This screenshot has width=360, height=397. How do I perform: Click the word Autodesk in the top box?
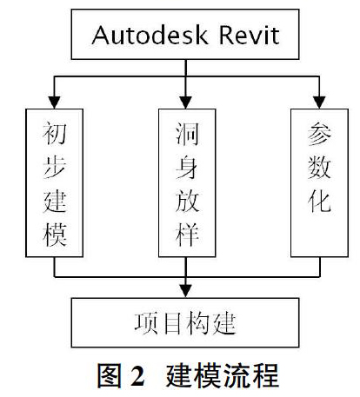(x=150, y=35)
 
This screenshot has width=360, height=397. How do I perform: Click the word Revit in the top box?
(x=249, y=35)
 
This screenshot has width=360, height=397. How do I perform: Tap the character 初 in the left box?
(x=55, y=134)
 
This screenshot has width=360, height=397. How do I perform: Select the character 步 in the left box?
(x=55, y=167)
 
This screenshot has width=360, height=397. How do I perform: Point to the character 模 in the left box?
(x=55, y=235)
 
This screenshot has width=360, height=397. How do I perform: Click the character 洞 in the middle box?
(x=187, y=134)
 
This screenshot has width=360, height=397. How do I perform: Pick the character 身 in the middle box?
(x=187, y=167)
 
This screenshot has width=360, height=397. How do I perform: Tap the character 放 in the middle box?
(x=187, y=201)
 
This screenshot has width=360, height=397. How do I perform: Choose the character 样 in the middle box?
(x=187, y=235)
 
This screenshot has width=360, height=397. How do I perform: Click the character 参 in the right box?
(x=319, y=134)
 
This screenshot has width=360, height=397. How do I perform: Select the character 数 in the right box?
(x=319, y=167)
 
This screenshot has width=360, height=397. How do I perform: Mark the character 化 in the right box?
(x=319, y=201)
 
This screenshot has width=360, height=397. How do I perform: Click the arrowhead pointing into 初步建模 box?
(x=54, y=103)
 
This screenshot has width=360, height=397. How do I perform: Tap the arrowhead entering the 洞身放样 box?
(x=186, y=103)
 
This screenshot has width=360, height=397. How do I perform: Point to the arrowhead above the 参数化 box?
(x=319, y=103)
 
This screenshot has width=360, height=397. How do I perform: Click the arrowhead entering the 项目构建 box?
(x=186, y=291)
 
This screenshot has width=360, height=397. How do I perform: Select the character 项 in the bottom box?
(x=146, y=323)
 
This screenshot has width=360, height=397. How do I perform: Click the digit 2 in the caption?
(x=137, y=375)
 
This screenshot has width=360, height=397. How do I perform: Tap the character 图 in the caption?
(x=110, y=375)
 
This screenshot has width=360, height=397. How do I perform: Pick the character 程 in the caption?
(x=266, y=375)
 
